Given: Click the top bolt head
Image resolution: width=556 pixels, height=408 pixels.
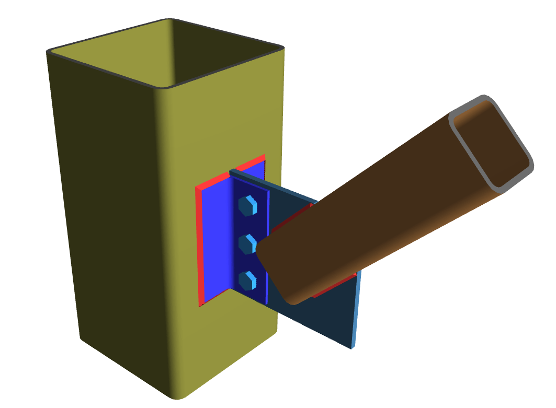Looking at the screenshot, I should [x=247, y=205].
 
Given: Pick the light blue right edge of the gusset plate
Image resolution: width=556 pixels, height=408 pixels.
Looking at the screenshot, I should [x=356, y=313].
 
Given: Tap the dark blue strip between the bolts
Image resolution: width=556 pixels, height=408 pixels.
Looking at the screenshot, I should [x=249, y=224].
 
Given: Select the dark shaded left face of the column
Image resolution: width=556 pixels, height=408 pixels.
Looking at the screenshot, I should [x=105, y=209].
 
